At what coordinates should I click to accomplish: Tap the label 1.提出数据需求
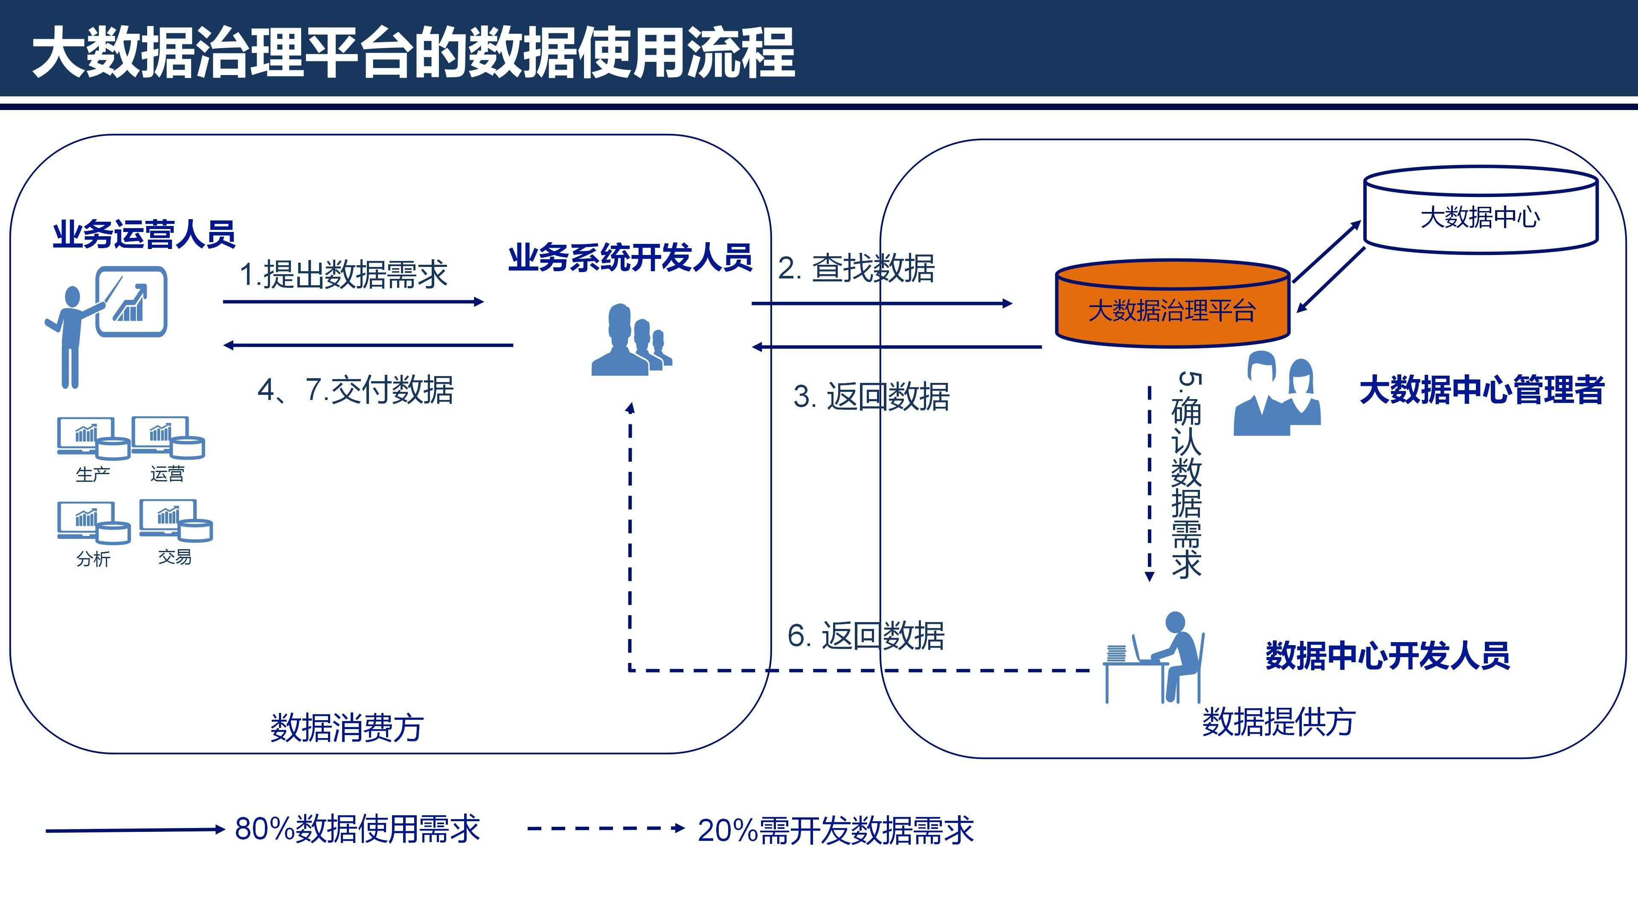coord(343,275)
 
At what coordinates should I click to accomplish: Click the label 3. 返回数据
coord(871,397)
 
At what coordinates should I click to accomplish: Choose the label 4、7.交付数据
coord(355,390)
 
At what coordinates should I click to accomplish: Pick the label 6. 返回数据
coord(866,636)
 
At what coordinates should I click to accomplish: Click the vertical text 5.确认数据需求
coord(1187,475)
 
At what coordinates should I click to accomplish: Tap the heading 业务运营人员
coord(144,234)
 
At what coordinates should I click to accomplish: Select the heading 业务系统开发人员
coord(630,258)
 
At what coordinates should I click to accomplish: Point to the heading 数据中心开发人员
coord(1388,655)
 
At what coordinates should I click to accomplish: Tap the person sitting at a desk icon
coord(1154,658)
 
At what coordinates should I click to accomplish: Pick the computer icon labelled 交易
coord(175,521)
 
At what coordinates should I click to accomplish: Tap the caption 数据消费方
coord(346,728)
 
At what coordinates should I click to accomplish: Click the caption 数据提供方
coord(1278,722)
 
